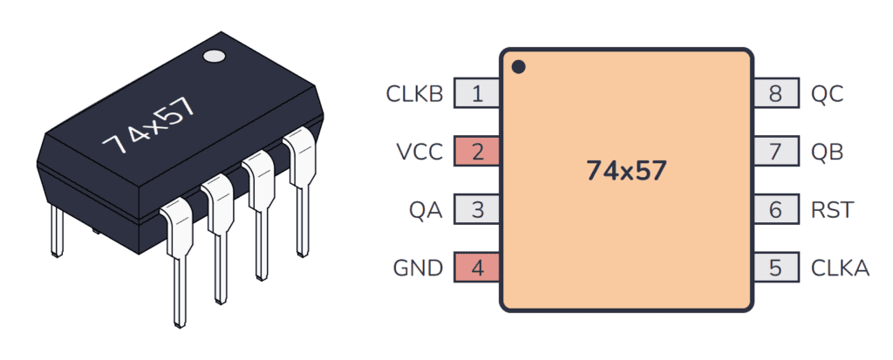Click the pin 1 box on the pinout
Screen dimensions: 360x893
click(477, 94)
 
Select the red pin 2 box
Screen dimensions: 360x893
click(477, 152)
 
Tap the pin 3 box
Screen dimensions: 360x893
click(477, 210)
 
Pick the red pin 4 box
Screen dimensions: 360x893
click(477, 268)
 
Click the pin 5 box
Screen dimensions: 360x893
click(775, 268)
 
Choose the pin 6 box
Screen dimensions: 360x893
click(775, 210)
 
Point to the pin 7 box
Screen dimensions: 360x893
click(775, 152)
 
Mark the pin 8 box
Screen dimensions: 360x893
click(775, 94)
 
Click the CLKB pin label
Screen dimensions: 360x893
click(414, 94)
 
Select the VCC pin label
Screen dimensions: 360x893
click(420, 152)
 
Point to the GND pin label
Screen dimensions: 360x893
click(418, 268)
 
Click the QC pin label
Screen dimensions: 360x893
click(828, 94)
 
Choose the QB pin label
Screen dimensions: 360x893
click(828, 152)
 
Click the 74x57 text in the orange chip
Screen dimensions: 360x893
click(626, 171)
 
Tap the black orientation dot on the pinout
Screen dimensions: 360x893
click(518, 66)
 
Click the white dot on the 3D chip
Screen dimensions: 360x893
click(214, 58)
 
